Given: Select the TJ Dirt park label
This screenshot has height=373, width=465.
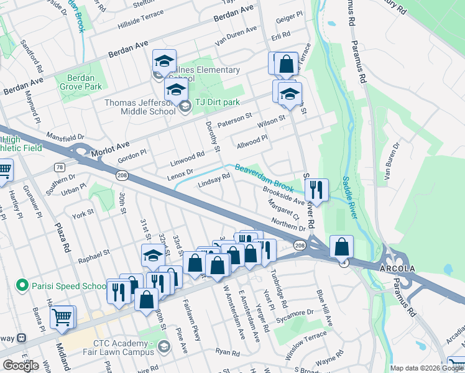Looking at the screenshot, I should (x=217, y=103).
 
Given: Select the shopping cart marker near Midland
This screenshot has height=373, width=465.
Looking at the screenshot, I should (x=62, y=318).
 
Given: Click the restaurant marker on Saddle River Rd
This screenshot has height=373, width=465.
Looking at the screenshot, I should (x=317, y=191).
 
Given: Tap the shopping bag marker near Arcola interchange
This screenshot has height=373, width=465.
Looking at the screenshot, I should (x=341, y=247).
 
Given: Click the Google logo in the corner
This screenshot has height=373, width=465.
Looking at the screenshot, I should (x=21, y=366).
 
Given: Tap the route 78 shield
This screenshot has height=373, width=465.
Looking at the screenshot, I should (x=59, y=167).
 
